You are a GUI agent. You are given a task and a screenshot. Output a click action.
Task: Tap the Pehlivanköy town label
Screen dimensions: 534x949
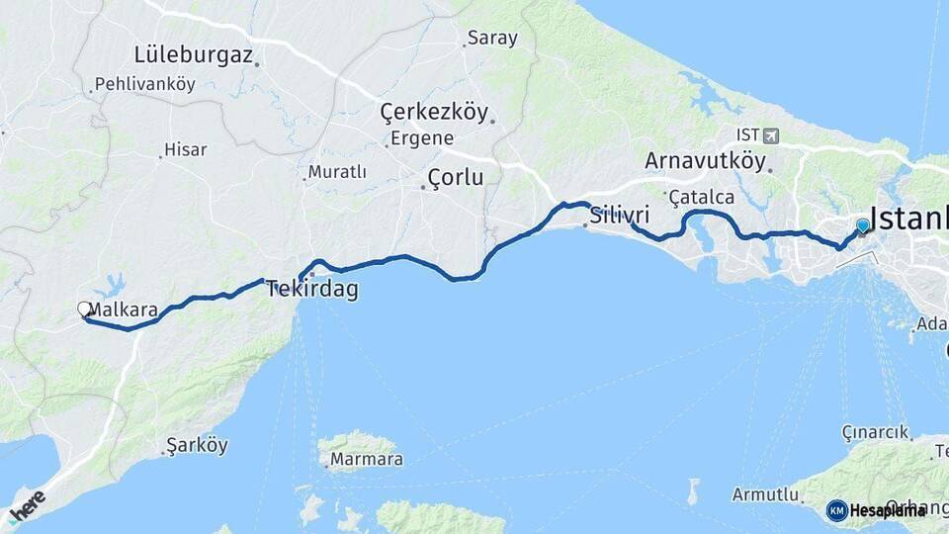tap(143, 85)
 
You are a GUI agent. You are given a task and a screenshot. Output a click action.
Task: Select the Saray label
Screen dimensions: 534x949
tap(492, 39)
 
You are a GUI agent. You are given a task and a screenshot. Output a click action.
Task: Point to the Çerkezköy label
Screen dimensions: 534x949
tap(434, 112)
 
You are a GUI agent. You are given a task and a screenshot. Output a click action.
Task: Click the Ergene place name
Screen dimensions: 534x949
tap(421, 138)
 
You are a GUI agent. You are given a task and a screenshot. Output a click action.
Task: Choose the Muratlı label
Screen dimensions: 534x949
tap(337, 172)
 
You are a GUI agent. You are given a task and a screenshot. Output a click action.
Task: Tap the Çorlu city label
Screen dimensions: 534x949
tap(455, 178)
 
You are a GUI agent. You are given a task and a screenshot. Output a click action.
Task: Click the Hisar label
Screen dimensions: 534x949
tap(185, 150)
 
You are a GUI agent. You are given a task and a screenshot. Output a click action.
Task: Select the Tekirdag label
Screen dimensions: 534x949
tap(311, 290)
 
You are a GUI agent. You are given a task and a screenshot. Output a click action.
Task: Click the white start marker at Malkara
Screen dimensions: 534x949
tap(85, 310)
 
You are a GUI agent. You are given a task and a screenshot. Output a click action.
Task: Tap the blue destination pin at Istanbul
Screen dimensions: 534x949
tap(863, 226)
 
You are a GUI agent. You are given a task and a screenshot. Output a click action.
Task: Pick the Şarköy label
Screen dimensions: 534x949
tap(198, 446)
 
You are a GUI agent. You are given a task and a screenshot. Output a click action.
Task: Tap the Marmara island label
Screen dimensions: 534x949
tap(366, 460)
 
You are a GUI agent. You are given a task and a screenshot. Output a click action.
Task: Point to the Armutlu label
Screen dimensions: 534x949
tap(765, 493)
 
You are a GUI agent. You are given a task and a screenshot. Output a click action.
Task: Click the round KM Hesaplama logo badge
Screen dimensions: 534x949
tap(837, 510)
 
